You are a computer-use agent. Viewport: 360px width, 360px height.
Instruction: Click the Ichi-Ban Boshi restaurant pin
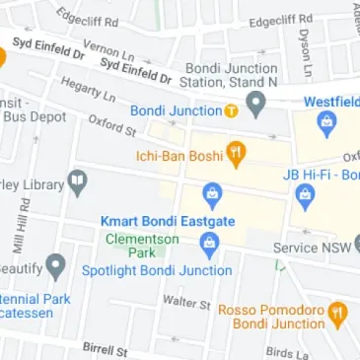237,153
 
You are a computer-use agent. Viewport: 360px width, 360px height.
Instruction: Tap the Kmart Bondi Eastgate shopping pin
209,193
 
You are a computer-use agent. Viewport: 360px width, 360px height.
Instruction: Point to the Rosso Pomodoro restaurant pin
337,314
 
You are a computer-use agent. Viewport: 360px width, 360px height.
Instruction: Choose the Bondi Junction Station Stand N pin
256,102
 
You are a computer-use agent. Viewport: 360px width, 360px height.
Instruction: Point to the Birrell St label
106,349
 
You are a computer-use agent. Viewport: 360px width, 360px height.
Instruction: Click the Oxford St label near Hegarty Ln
111,125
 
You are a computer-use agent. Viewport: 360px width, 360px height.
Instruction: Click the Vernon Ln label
108,49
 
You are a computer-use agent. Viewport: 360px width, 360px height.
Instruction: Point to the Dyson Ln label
306,51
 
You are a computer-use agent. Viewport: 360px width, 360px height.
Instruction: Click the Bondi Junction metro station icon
230,111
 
